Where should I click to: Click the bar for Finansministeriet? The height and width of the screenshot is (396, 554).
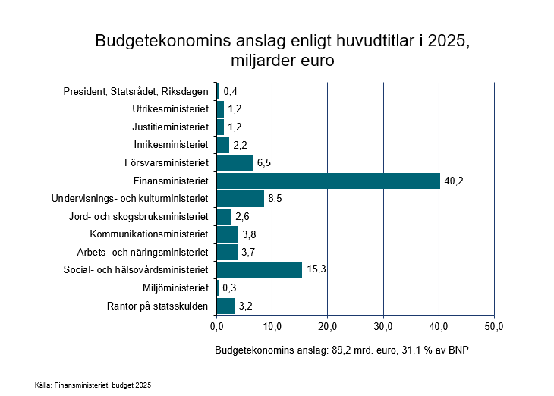point(328,181)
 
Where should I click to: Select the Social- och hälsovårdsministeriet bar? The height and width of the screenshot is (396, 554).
point(259,270)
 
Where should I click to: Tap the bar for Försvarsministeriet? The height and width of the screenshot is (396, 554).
point(235,162)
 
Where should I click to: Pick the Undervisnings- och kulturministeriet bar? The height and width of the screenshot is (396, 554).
point(240,199)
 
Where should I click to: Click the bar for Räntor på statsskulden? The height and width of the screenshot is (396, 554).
point(225,306)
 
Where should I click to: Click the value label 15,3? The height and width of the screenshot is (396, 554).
point(316,270)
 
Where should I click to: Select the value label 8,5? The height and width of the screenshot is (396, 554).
point(275,199)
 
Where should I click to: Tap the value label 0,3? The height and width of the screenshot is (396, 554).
point(229,288)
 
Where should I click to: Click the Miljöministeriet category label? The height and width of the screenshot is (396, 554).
point(175,288)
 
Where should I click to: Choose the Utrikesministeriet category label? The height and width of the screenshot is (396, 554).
point(170,109)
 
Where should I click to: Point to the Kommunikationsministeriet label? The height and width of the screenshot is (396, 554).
point(149,234)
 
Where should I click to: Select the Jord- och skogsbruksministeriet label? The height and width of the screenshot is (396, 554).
point(139,216)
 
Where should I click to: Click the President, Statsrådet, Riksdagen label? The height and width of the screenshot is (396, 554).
point(136,92)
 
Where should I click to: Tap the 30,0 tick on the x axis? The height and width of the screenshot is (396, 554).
point(383,326)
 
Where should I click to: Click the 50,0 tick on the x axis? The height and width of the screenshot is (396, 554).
point(494,326)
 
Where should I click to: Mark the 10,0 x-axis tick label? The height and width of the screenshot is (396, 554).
point(272,326)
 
